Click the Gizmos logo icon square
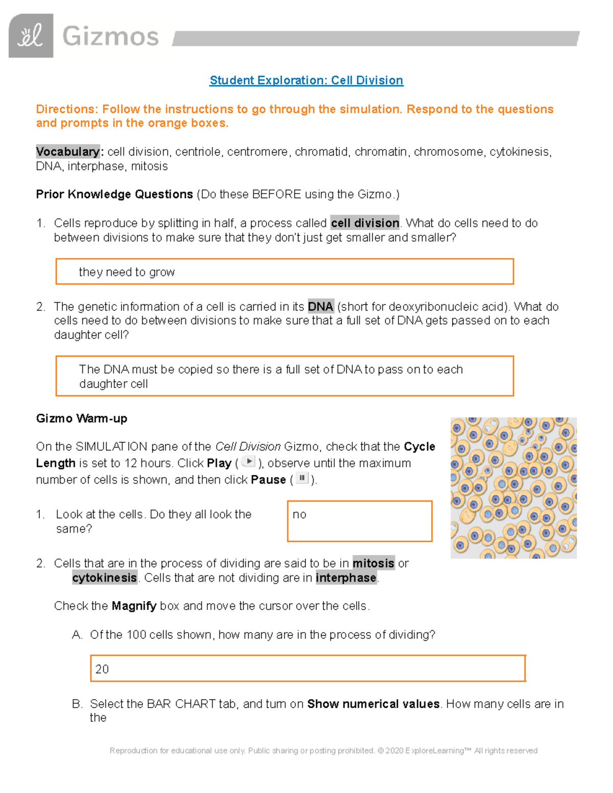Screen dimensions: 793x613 pyautogui.click(x=31, y=36)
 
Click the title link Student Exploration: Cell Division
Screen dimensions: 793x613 pyautogui.click(x=306, y=81)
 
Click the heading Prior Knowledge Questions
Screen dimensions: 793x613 pyautogui.click(x=114, y=195)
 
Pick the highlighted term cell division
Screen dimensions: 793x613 pyautogui.click(x=365, y=223)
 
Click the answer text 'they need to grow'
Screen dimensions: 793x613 pyautogui.click(x=127, y=272)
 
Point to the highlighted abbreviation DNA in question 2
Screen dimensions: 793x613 pyautogui.click(x=320, y=306)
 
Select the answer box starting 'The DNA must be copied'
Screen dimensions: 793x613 pyautogui.click(x=285, y=376)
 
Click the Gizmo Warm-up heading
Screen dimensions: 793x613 pyautogui.click(x=82, y=419)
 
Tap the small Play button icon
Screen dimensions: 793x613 pyautogui.click(x=248, y=462)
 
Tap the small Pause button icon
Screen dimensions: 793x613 pyautogui.click(x=302, y=478)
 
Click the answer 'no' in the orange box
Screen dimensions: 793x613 pyautogui.click(x=299, y=515)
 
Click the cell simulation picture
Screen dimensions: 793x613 pyautogui.click(x=513, y=488)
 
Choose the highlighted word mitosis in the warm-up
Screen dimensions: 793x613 pyautogui.click(x=373, y=563)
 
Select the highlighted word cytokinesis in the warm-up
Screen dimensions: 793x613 pyautogui.click(x=105, y=578)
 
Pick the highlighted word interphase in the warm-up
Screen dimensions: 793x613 pyautogui.click(x=346, y=578)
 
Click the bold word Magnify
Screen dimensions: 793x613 pyautogui.click(x=134, y=606)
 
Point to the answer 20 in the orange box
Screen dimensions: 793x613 pyautogui.click(x=102, y=669)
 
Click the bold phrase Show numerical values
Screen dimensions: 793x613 pyautogui.click(x=373, y=704)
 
